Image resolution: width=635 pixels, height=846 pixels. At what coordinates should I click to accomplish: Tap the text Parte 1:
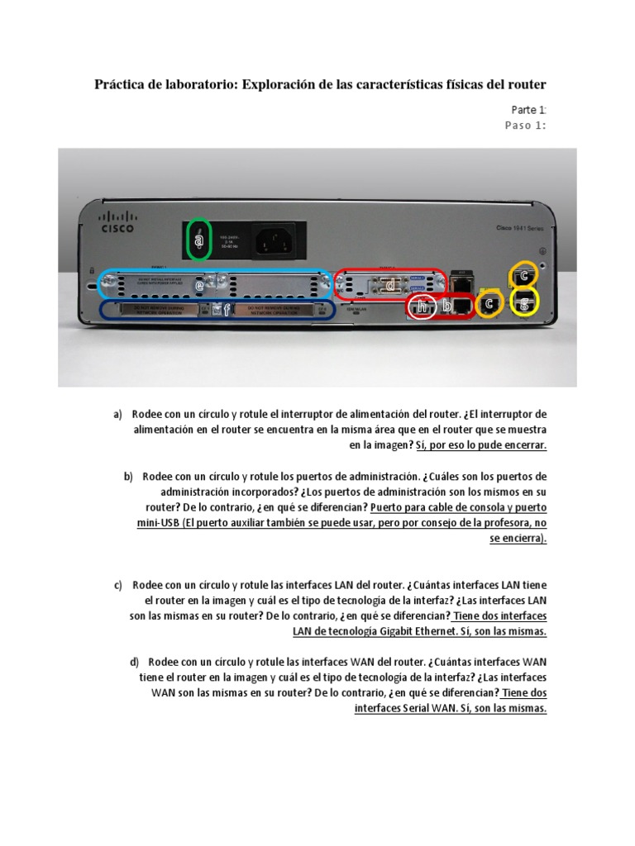(528, 110)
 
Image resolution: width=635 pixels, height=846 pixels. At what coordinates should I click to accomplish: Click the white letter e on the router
(198, 284)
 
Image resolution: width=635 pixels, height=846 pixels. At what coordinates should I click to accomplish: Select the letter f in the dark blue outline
(217, 311)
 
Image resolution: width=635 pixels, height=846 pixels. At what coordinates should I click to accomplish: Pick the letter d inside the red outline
(392, 285)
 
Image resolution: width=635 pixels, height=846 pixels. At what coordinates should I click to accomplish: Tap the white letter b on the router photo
(447, 307)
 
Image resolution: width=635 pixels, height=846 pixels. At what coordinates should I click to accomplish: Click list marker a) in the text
(118, 414)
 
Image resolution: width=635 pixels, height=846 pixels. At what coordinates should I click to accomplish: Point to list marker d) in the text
(134, 662)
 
